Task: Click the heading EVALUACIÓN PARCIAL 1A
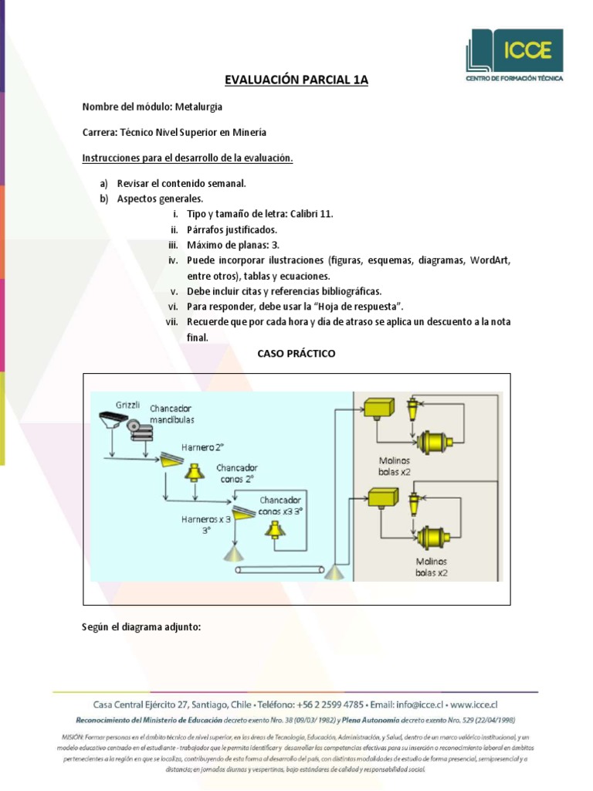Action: coord(296,80)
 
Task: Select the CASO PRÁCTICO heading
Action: coord(296,353)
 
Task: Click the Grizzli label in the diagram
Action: coord(128,405)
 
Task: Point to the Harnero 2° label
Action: coord(202,446)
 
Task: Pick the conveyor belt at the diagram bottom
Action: coord(280,570)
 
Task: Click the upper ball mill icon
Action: coord(435,443)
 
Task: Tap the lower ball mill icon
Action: coord(435,535)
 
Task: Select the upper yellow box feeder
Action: coord(378,407)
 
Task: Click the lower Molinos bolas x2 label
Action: coord(431,567)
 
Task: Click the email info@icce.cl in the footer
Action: coord(418,704)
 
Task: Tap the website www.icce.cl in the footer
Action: coord(473,704)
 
